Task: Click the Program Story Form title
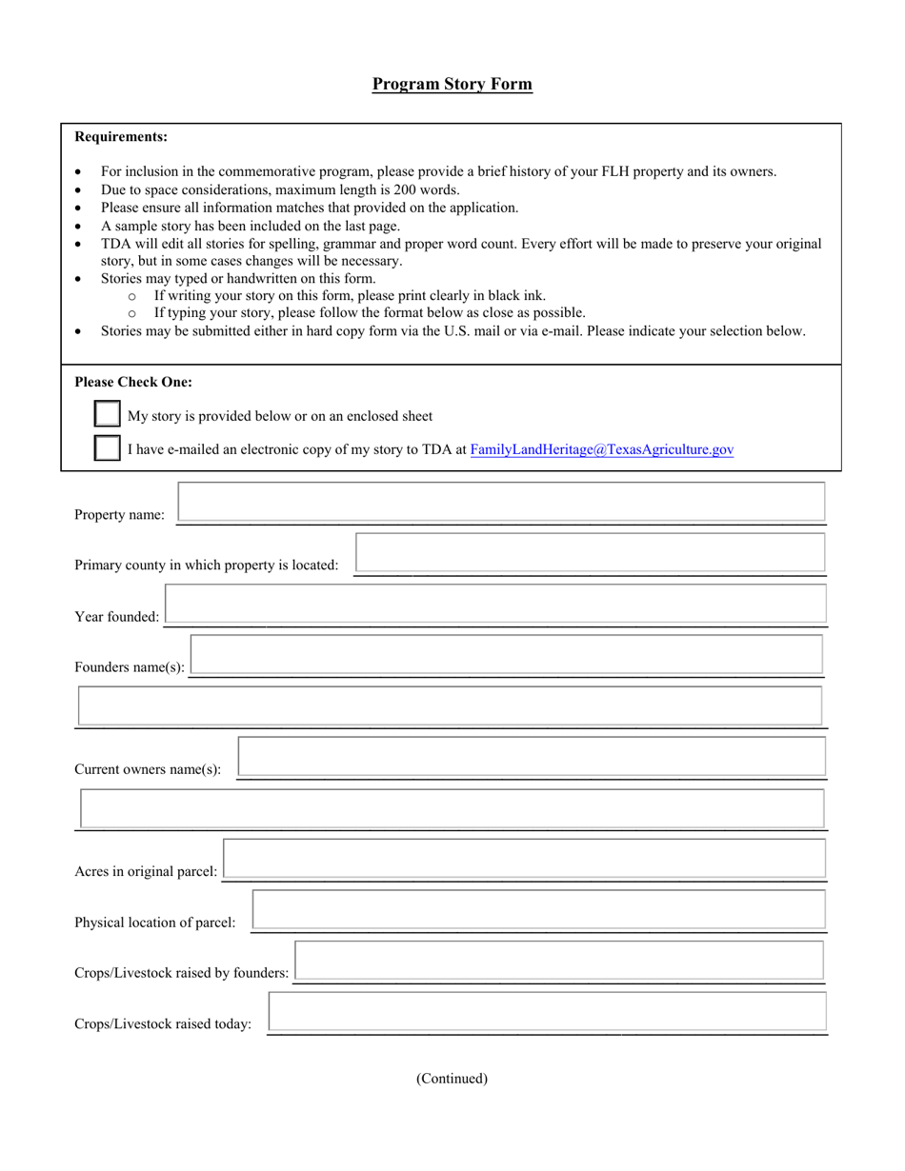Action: click(452, 84)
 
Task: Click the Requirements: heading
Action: click(121, 137)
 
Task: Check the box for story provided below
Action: click(108, 415)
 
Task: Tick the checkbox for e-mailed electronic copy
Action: click(108, 448)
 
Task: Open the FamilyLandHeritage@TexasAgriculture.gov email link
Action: click(602, 449)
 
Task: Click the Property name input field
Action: click(501, 502)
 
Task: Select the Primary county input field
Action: click(590, 553)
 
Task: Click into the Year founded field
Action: click(495, 605)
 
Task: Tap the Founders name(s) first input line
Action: click(506, 655)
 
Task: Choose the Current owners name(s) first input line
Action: click(532, 757)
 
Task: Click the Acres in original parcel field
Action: click(524, 859)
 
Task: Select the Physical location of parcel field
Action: click(538, 909)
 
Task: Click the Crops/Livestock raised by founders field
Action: click(559, 961)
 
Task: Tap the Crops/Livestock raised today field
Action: click(547, 1011)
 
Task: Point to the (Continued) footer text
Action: click(452, 1079)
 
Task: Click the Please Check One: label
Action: click(133, 383)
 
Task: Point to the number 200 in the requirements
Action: click(392, 189)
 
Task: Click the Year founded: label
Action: click(117, 617)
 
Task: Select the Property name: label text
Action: click(119, 515)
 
